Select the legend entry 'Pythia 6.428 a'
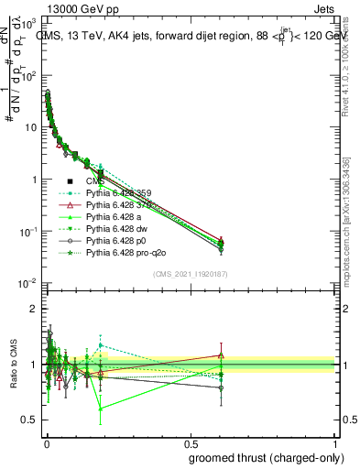(x=115, y=215)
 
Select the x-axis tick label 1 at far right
(x=335, y=443)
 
